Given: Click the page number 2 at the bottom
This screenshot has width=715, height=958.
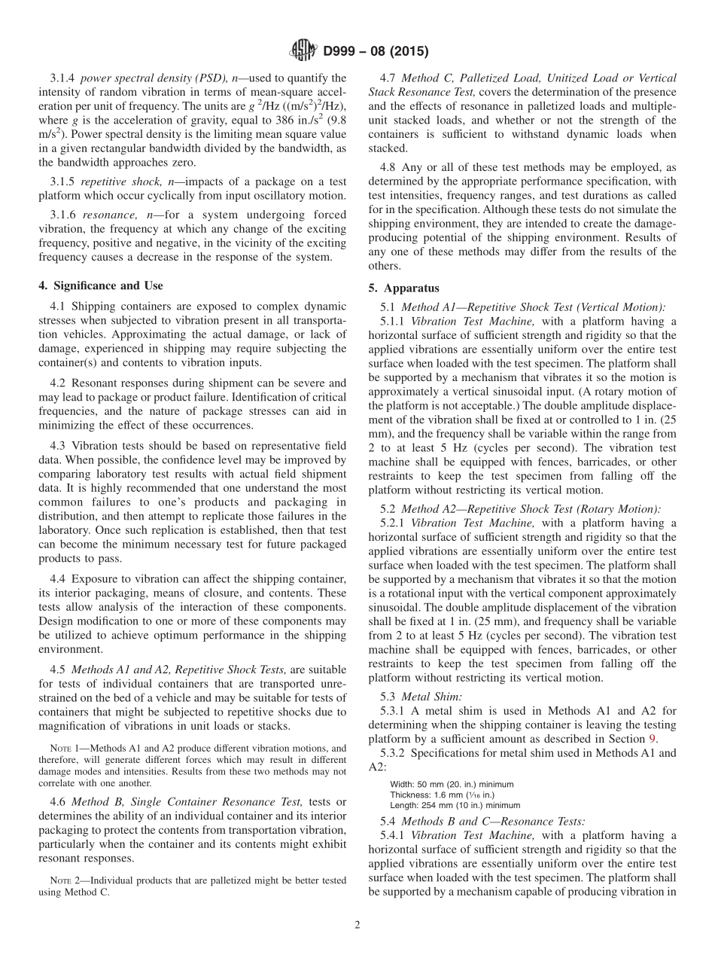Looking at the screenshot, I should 357,926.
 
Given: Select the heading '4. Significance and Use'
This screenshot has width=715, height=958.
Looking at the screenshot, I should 100,285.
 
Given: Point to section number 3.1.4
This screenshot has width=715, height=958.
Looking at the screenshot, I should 63,78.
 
